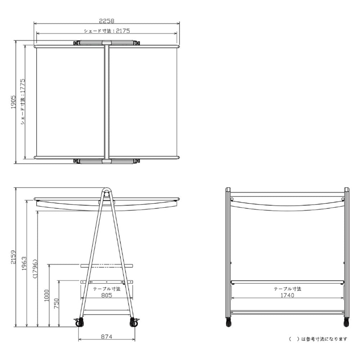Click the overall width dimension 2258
[107, 21]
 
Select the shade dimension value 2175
[123, 31]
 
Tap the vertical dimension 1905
[14, 102]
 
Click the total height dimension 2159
[14, 257]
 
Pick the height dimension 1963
[24, 264]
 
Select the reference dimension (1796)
[35, 269]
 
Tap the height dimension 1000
[46, 296]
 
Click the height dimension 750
[56, 303]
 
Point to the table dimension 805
[107, 295]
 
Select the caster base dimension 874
[107, 337]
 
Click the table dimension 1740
[287, 295]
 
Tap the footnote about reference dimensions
[318, 339]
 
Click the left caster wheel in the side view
[80, 323]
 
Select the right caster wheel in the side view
[134, 323]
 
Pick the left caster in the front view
[229, 322]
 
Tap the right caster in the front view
[346, 322]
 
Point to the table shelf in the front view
[287, 282]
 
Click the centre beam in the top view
[107, 102]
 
